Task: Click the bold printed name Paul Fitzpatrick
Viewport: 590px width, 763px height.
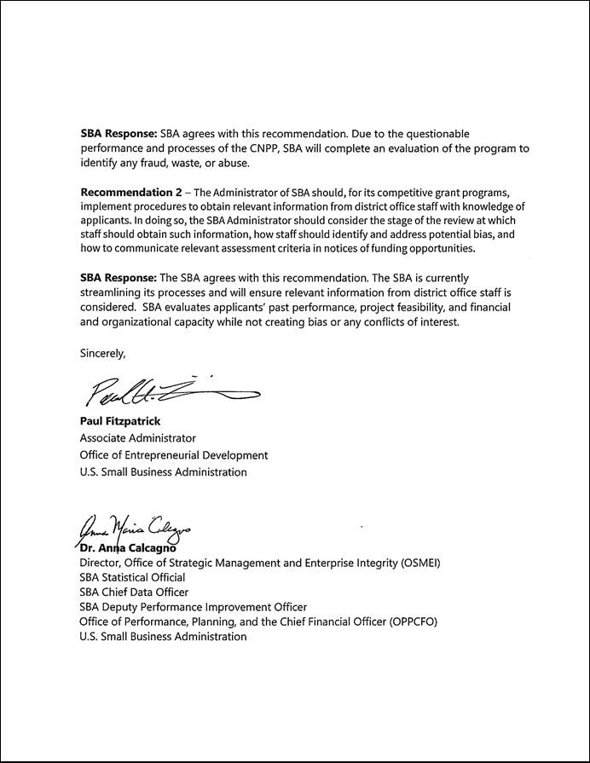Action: click(120, 421)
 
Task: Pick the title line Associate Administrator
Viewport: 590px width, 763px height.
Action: click(137, 438)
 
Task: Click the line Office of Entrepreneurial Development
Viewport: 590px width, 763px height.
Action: click(173, 455)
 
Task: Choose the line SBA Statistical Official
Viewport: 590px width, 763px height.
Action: click(132, 577)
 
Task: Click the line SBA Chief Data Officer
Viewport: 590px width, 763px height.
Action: click(134, 592)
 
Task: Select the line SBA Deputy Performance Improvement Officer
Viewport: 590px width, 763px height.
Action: click(193, 607)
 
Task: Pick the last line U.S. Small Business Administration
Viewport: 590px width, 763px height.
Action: click(163, 637)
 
